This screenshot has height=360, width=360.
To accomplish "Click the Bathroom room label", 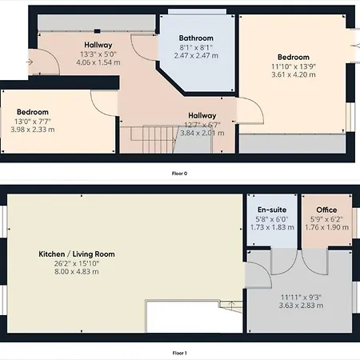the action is click(196, 38).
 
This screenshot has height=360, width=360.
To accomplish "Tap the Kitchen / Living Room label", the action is click(77, 254).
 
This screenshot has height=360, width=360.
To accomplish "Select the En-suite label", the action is click(272, 210).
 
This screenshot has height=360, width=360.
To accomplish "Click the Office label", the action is click(326, 210).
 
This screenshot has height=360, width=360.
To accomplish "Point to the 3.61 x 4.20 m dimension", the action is click(294, 74).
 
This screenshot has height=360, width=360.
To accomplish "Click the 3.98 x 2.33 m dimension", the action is click(33, 130).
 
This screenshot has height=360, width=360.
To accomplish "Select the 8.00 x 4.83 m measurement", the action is click(77, 272).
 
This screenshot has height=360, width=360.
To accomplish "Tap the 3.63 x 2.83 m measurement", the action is click(301, 306).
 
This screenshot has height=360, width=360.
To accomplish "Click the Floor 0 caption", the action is click(179, 174).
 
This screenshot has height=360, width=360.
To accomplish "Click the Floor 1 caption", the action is click(179, 354).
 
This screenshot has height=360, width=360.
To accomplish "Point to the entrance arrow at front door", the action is click(30, 62).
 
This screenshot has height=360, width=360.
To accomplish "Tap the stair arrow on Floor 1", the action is click(231, 304).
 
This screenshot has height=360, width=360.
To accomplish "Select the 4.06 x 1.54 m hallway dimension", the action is click(98, 62).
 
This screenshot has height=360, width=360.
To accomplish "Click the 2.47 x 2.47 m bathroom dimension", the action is click(196, 56).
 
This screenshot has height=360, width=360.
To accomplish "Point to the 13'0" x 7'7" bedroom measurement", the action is click(33, 122).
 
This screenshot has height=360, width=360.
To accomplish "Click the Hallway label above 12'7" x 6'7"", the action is click(202, 116).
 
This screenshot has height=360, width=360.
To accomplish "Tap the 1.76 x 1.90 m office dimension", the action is click(326, 227).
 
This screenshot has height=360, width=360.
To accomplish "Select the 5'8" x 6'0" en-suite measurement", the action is click(272, 219).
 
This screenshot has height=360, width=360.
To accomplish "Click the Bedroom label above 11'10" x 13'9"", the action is click(294, 57).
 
